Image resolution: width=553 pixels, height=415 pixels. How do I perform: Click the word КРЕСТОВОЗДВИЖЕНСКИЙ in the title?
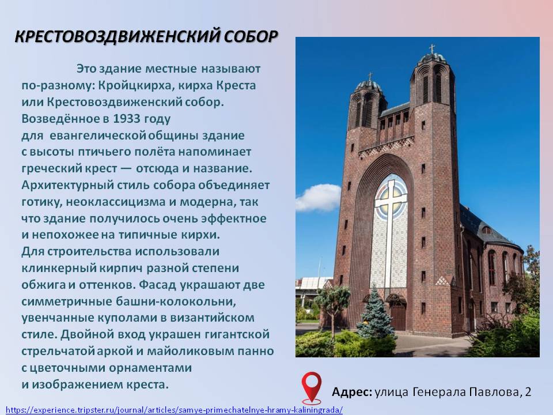point(117,37)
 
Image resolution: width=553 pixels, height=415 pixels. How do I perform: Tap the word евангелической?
point(98,135)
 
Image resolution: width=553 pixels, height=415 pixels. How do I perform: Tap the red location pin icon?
point(312,387)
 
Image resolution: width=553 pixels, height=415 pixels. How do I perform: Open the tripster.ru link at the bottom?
point(174,410)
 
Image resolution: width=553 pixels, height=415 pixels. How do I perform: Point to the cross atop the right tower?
point(431,48)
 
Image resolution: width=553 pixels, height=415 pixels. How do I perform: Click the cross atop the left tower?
point(370,76)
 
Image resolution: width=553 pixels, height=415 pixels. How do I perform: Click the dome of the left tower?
point(369,85)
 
